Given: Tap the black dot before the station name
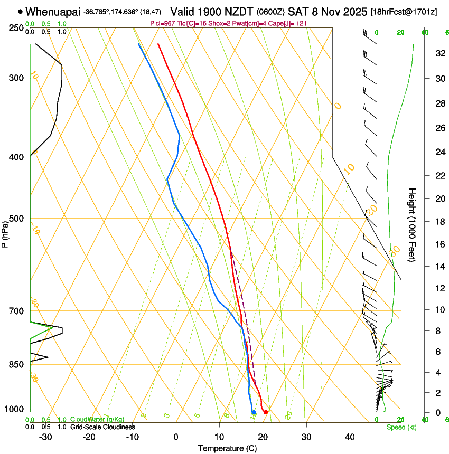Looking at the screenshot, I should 21,11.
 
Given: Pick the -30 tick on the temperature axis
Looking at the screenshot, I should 45,437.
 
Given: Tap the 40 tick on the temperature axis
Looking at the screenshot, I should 350,437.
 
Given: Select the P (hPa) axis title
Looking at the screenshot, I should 5,233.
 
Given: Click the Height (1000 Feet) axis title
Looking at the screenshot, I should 412,224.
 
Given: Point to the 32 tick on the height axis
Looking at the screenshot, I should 438,53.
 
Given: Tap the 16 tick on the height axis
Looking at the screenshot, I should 438,244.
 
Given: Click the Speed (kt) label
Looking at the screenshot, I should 401,427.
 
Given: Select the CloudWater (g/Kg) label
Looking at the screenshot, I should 97,420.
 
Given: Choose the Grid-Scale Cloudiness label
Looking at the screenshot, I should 102,427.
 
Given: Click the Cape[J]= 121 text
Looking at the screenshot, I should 292,24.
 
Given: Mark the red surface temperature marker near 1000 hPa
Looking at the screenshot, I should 266,412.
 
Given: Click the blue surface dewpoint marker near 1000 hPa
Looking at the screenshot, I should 254,412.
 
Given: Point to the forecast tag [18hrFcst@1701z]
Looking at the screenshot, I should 404,12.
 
